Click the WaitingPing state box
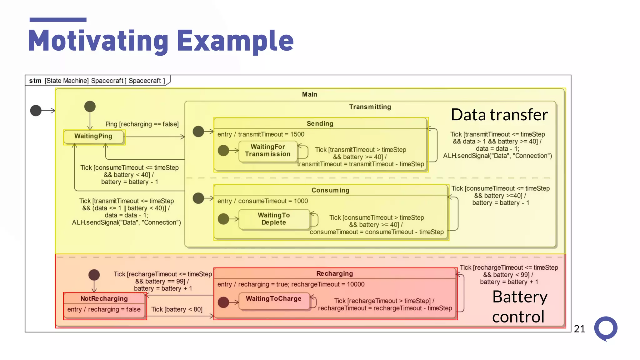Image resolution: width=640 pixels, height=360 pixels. click(x=93, y=137)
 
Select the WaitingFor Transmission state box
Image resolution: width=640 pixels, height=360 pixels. click(x=268, y=151)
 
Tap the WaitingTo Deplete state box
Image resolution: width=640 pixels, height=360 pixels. click(x=274, y=219)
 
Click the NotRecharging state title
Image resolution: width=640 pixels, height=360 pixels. click(x=104, y=299)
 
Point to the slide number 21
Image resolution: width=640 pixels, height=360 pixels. click(x=579, y=329)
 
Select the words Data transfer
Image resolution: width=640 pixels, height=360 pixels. click(x=499, y=115)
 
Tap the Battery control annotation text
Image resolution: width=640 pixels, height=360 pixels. click(x=519, y=307)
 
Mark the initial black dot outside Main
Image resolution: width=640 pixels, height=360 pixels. click(x=36, y=110)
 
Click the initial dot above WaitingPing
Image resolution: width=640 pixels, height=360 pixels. click(x=90, y=107)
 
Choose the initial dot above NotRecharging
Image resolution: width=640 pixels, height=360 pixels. click(x=94, y=275)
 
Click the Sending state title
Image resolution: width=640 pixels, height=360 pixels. click(x=320, y=124)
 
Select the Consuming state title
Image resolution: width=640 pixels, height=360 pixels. click(x=330, y=190)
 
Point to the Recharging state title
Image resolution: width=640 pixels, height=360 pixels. click(x=334, y=274)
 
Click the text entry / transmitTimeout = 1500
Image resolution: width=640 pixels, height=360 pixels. click(x=261, y=134)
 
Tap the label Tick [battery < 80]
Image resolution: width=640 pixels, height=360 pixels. click(x=177, y=309)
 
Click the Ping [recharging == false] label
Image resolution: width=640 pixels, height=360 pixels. click(x=142, y=124)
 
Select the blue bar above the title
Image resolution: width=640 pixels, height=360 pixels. click(x=58, y=20)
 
